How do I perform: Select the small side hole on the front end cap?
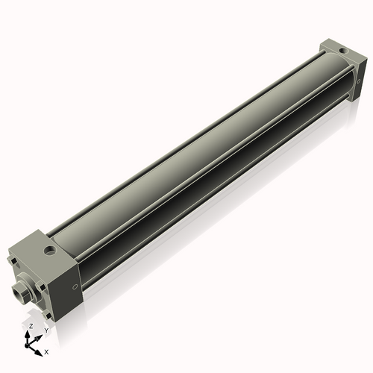[74, 287]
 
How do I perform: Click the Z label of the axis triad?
[30, 326]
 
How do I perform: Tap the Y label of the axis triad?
[46, 330]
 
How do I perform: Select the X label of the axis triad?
[46, 350]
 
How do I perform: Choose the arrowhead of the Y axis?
[40, 334]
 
